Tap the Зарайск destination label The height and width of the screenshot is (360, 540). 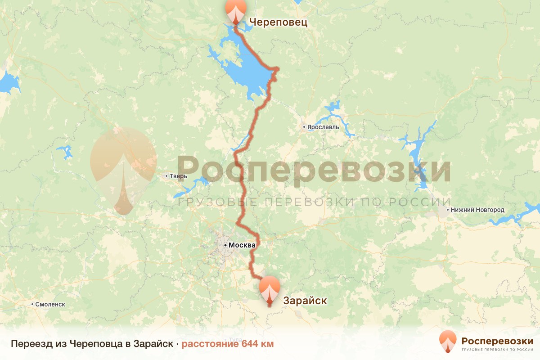click(x=305, y=301)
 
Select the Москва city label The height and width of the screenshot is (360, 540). click(x=242, y=245)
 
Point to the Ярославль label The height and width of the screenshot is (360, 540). click(x=323, y=127)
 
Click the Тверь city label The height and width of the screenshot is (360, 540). click(x=178, y=176)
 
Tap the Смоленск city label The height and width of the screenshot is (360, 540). click(x=49, y=304)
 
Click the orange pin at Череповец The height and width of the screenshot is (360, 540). click(x=236, y=10)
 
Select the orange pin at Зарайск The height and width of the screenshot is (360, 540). click(x=270, y=289)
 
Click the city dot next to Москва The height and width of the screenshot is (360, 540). click(x=225, y=245)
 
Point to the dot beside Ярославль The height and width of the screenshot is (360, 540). click(x=305, y=127)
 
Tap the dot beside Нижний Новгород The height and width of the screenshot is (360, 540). click(x=447, y=210)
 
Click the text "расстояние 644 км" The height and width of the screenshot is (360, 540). click(x=228, y=344)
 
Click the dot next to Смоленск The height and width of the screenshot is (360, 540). click(x=32, y=305)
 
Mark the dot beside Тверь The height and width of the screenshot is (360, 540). click(x=166, y=176)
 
